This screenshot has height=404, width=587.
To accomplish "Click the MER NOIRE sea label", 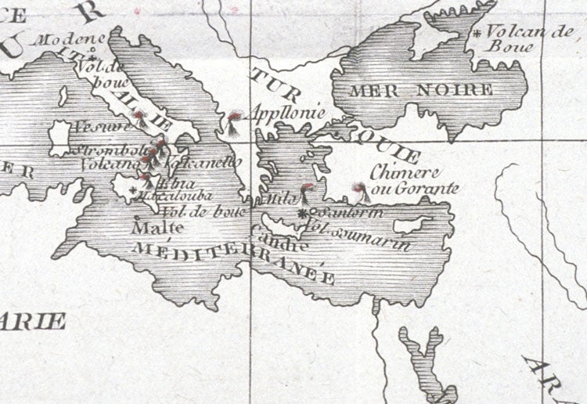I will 421,90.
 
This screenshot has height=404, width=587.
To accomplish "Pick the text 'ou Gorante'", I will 415,189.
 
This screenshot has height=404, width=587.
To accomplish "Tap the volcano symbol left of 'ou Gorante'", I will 359,189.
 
